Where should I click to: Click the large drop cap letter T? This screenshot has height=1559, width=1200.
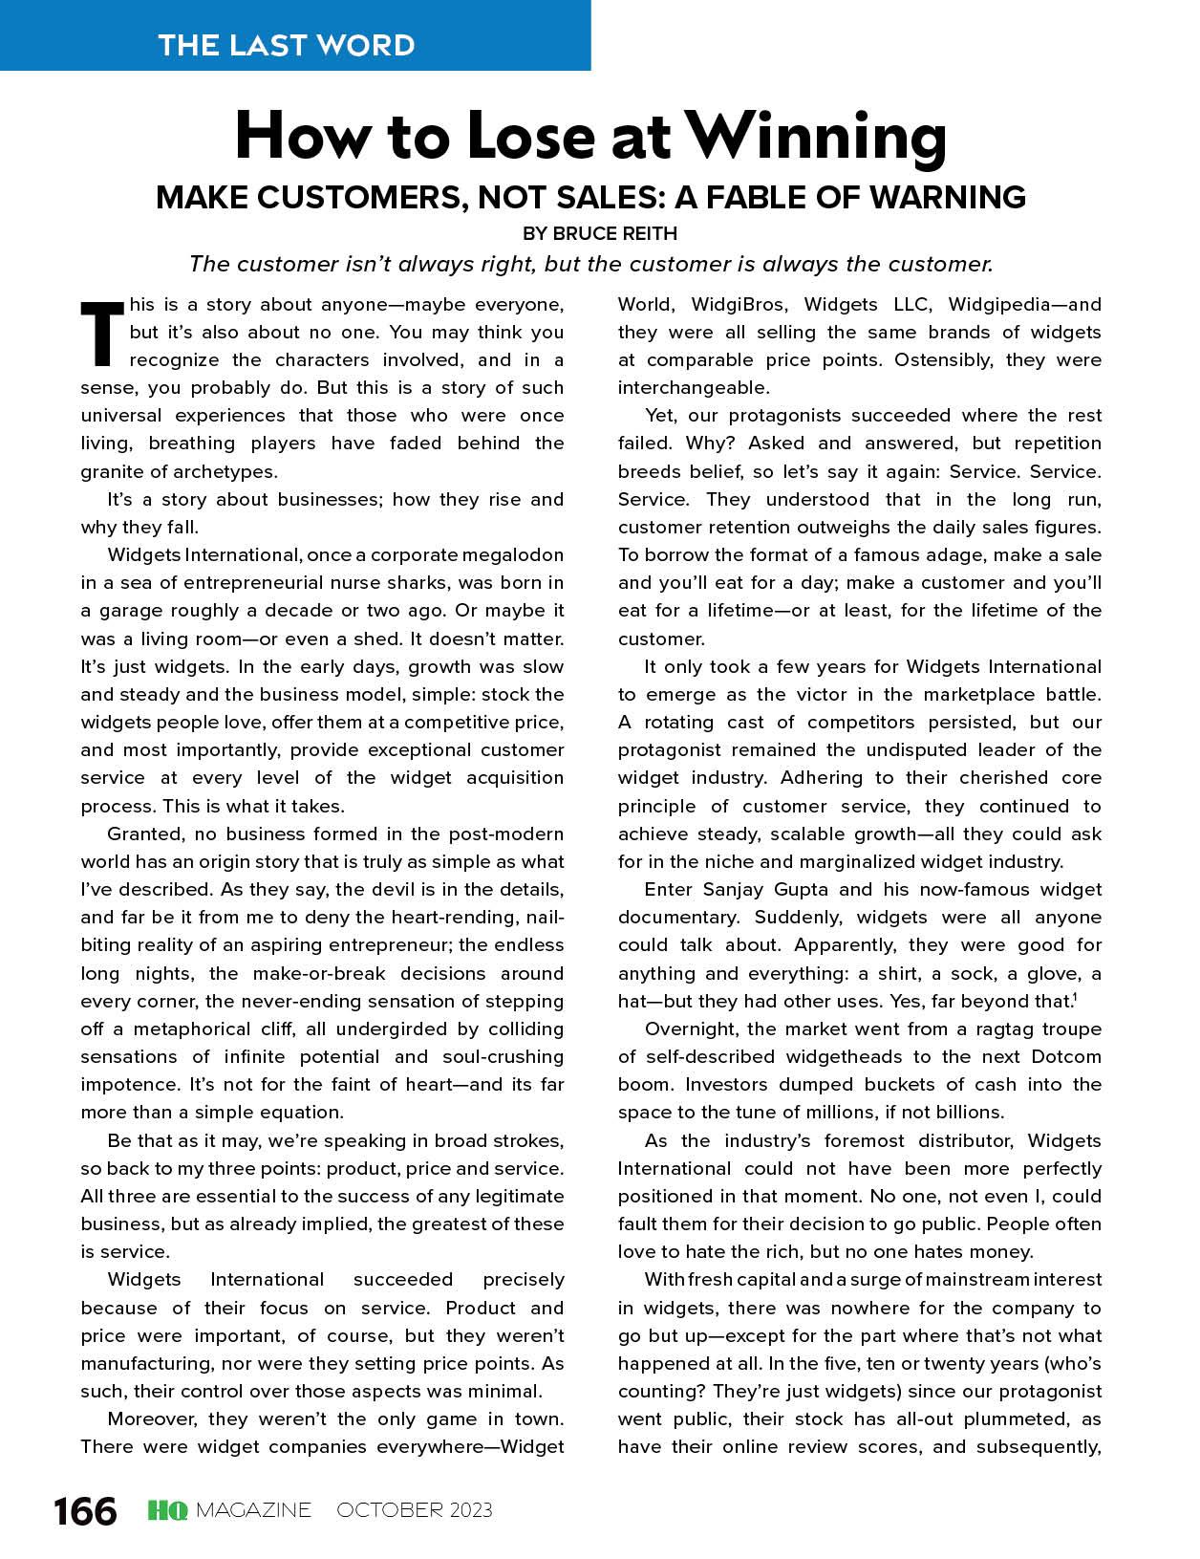tap(102, 334)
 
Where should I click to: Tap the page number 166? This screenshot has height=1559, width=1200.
tap(85, 1511)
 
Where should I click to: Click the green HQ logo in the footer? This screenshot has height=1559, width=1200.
tap(167, 1510)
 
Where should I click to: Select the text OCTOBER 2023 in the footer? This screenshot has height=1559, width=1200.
tap(415, 1510)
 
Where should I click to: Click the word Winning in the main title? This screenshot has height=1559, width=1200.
tap(817, 136)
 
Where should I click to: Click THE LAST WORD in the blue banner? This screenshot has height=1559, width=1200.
tap(287, 45)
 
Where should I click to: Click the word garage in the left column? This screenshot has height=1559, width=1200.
tap(131, 611)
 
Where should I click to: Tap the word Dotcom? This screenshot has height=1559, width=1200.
tap(1066, 1057)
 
